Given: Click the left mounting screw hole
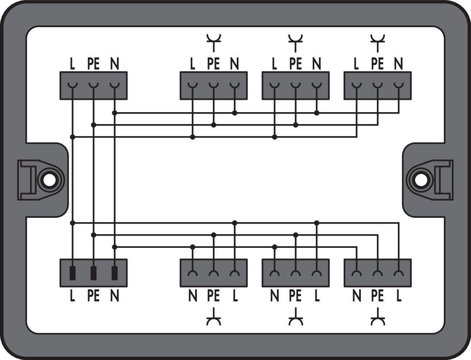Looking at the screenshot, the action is point(49,180).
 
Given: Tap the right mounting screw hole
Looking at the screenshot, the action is point(421,180).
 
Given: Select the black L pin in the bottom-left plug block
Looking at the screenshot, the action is point(72,274).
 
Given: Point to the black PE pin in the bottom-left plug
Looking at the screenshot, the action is point(93,274).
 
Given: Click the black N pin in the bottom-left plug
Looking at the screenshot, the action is point(115,274).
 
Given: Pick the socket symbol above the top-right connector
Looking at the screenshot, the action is point(378,43).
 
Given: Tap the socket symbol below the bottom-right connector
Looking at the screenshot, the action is point(378,317).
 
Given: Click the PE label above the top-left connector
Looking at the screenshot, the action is point(93,64).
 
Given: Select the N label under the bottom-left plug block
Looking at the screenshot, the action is point(115,296).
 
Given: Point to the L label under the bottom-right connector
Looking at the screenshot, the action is point(399,296).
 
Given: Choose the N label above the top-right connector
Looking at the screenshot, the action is point(399,64).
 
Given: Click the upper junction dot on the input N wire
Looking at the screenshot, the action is point(115,113).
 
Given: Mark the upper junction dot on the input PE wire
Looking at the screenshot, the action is point(93,125).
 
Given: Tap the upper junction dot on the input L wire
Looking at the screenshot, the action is point(72,137).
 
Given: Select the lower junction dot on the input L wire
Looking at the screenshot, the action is point(72,223).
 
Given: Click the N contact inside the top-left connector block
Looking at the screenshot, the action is point(115,85).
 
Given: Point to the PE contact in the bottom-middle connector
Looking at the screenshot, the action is point(296,273).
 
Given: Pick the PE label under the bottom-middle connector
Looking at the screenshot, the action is point(295,296).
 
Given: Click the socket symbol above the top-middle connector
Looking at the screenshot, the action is point(296,43).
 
